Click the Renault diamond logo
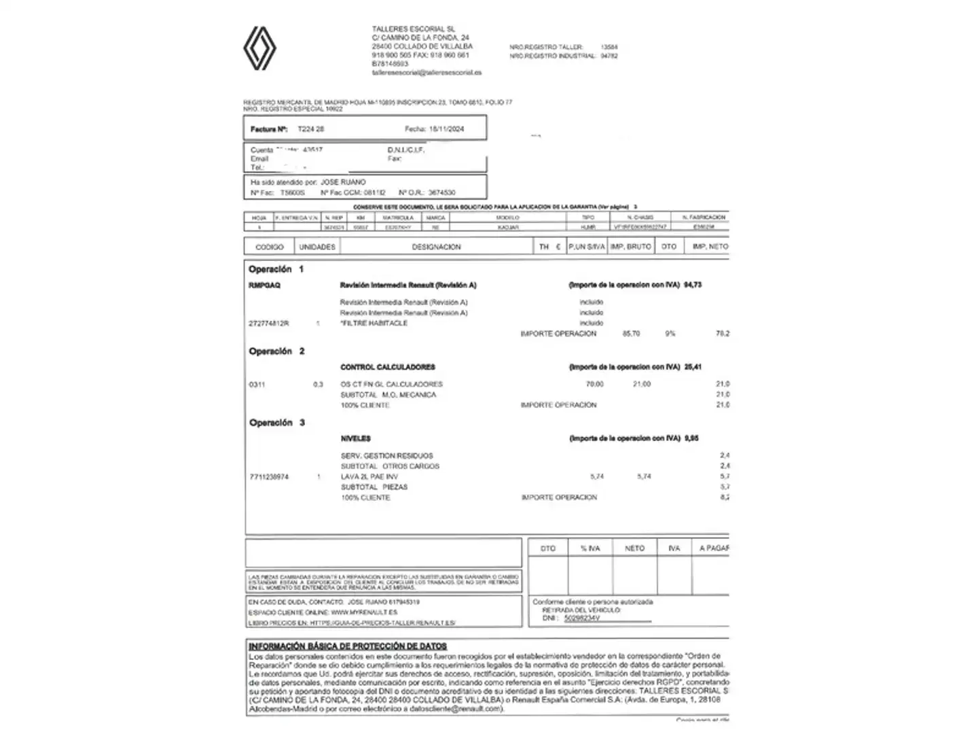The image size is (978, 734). pyautogui.click(x=259, y=48)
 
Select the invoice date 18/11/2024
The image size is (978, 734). pyautogui.click(x=446, y=128)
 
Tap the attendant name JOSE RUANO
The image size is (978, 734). pyautogui.click(x=343, y=182)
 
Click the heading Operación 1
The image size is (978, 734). pyautogui.click(x=276, y=269)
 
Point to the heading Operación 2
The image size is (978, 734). pyautogui.click(x=276, y=351)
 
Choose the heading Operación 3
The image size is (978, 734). pyautogui.click(x=276, y=423)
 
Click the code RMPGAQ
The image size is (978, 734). pyautogui.click(x=264, y=285)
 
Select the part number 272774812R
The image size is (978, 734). pyautogui.click(x=268, y=324)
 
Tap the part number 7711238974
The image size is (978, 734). pyautogui.click(x=268, y=477)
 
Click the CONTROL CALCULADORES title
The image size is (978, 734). pyautogui.click(x=387, y=367)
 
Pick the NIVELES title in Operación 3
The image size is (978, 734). pyautogui.click(x=355, y=439)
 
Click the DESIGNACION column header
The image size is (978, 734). pyautogui.click(x=436, y=247)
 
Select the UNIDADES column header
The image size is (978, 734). pyautogui.click(x=317, y=247)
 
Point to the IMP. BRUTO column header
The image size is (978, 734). pyautogui.click(x=630, y=247)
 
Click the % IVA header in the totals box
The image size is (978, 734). pyautogui.click(x=590, y=548)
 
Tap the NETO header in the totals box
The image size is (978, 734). pyautogui.click(x=634, y=548)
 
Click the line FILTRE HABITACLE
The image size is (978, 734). pyautogui.click(x=374, y=324)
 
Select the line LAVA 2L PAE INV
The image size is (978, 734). pyautogui.click(x=369, y=477)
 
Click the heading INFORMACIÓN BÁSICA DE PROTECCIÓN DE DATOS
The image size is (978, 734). pyautogui.click(x=348, y=646)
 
